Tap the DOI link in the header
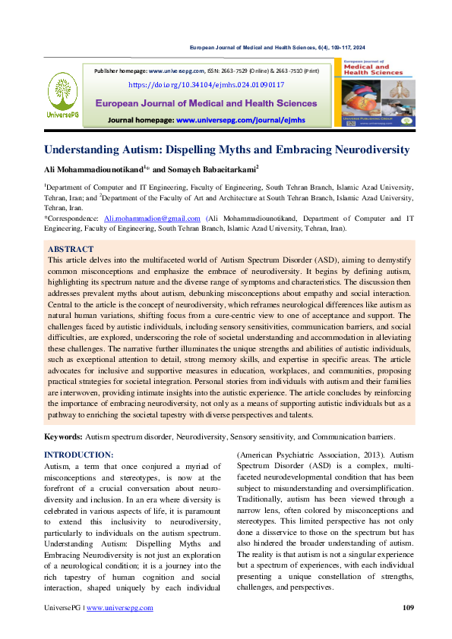coord(206,85)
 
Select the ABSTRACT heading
coord(71,249)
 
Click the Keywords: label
coord(63,437)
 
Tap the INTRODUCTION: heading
coord(78,455)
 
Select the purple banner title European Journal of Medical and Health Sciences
coord(205,102)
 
